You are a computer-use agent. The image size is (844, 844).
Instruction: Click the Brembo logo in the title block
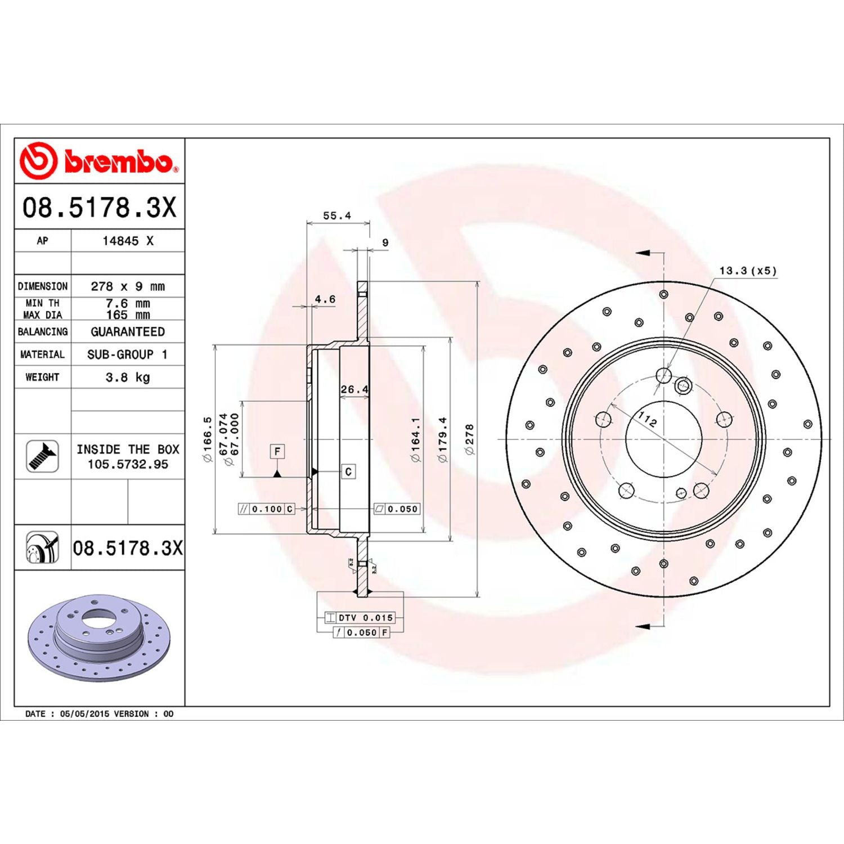click(x=99, y=161)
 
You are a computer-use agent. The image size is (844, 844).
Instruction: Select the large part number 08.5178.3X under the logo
click(x=99, y=207)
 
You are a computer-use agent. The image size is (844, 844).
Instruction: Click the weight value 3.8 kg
click(x=128, y=377)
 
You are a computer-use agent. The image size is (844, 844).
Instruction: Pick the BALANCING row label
click(x=43, y=331)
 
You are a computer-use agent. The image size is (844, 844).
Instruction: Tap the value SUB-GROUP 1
click(x=128, y=354)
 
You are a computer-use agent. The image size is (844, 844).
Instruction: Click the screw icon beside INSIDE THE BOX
click(x=42, y=456)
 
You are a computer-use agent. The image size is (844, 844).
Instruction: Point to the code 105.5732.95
click(x=128, y=464)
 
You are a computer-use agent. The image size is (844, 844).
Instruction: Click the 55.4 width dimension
click(x=336, y=216)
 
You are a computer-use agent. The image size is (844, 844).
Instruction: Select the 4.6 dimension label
click(x=325, y=299)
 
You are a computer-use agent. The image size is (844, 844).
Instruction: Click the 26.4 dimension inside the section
click(x=354, y=389)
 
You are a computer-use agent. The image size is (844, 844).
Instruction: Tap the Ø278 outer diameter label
click(x=469, y=439)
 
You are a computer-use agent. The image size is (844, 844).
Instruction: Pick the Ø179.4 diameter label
click(x=443, y=439)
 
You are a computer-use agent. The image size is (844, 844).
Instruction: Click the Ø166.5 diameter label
click(x=208, y=439)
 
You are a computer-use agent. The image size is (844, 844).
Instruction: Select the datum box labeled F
click(x=277, y=451)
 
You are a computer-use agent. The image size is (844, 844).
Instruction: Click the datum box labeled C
click(x=348, y=472)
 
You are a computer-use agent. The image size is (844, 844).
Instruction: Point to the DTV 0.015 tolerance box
click(x=360, y=617)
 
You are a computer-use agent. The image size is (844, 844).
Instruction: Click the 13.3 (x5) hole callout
click(x=748, y=271)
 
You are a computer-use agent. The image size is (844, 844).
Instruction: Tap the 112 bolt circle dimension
click(x=647, y=419)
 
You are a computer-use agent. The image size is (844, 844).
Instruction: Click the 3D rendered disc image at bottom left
click(x=98, y=637)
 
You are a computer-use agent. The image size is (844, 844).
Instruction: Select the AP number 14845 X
click(x=128, y=241)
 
